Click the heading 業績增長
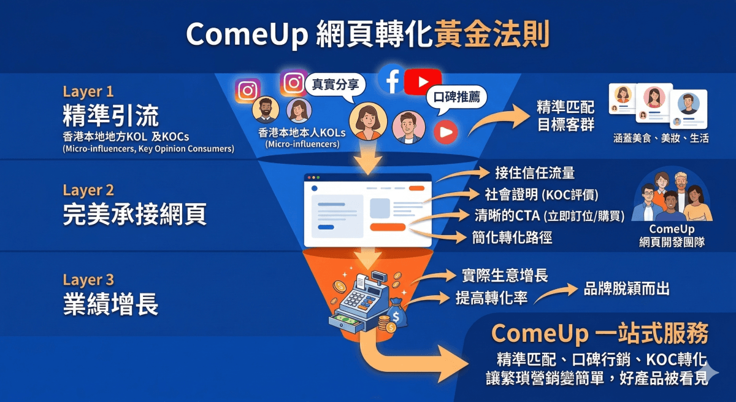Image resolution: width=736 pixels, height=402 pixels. click(x=110, y=304)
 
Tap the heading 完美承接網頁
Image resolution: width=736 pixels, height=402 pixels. click(x=134, y=214)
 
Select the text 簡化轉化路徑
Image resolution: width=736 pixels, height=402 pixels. click(x=512, y=237)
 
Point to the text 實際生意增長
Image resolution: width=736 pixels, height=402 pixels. click(x=504, y=275)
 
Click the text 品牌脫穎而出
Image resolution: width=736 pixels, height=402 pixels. click(x=627, y=289)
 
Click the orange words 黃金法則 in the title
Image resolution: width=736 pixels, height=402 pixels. click(x=491, y=35)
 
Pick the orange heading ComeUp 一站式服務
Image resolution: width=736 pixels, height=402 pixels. click(x=600, y=333)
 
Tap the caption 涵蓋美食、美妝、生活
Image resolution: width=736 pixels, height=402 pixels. click(x=661, y=139)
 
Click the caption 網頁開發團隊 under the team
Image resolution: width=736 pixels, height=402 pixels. click(x=672, y=242)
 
